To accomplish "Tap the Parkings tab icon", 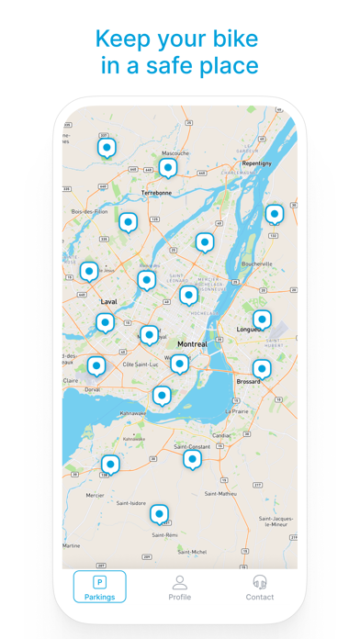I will [100, 582].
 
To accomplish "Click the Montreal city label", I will [192, 344].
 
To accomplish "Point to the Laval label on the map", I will [108, 301].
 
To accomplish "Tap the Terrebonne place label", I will [156, 193].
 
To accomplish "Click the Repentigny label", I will [256, 163].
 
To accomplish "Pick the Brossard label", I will [248, 381].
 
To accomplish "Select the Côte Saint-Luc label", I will [141, 364].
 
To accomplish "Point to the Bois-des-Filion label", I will [89, 211].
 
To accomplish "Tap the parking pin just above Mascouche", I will [167, 167].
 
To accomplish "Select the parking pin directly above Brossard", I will [262, 368].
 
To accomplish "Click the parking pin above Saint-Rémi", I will [160, 512].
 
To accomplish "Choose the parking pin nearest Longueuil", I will [262, 319].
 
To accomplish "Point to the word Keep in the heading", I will [124, 39].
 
